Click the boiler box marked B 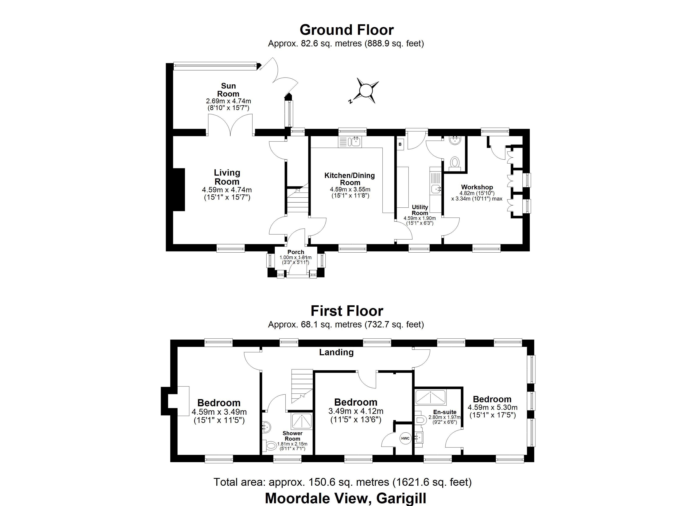[400, 144]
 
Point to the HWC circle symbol [405, 438]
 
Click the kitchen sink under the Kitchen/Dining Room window [356, 142]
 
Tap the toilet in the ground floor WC [455, 162]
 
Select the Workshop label [477, 187]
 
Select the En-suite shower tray [430, 397]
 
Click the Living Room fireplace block [179, 189]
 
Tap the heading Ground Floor [347, 30]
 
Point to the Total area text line [343, 482]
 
